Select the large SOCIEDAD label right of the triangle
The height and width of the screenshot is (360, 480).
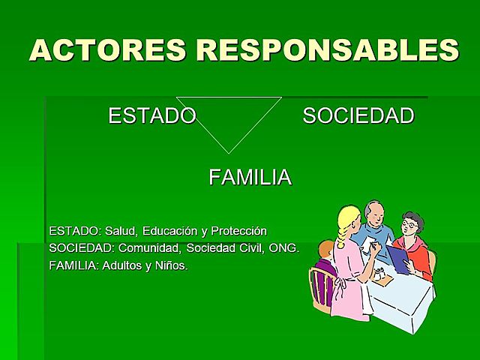pos(358,116)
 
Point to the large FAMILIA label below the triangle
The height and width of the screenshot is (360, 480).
pos(250,178)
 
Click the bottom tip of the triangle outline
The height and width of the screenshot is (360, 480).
pos(228,153)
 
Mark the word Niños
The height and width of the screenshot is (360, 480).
pos(172,265)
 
